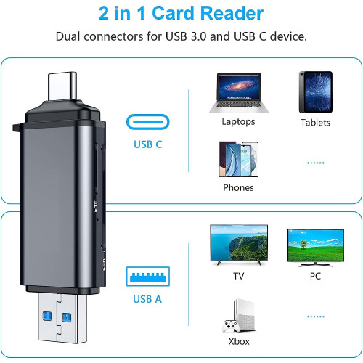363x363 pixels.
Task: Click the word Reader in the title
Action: point(232,13)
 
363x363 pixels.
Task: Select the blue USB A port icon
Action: point(148,277)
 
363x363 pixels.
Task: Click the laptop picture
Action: point(239,93)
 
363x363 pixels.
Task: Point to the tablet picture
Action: point(316,92)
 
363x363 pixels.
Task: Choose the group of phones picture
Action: point(239,159)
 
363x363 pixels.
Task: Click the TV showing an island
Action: point(239,245)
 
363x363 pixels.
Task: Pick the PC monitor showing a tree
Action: point(316,248)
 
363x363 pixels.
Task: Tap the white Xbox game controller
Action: point(231,326)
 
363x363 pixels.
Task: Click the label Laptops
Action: point(238,121)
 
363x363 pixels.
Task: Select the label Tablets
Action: point(315,123)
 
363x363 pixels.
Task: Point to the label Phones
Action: point(238,187)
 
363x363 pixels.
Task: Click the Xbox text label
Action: point(239,341)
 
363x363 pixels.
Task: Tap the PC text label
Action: point(315,276)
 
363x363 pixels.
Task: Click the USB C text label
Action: point(148,144)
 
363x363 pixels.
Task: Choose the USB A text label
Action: point(147,299)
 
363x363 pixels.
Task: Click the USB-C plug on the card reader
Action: point(62,86)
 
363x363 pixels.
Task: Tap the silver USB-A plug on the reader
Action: point(62,318)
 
